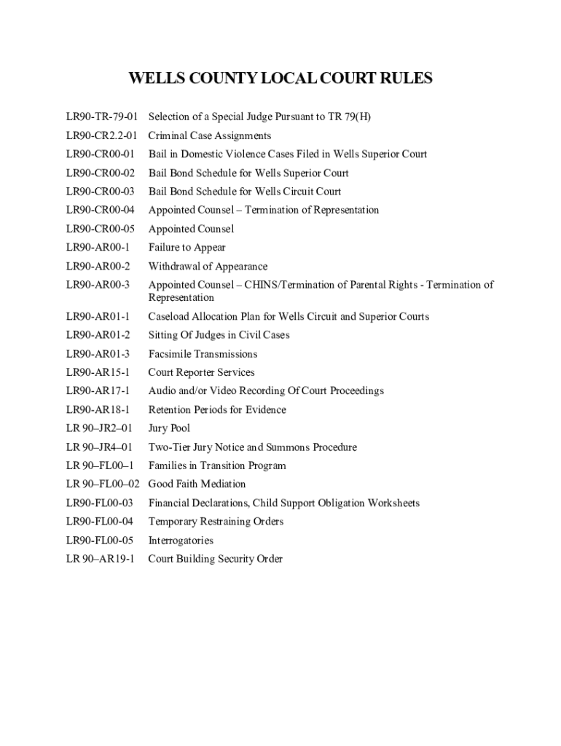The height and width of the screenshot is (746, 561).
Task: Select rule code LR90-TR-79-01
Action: (x=101, y=117)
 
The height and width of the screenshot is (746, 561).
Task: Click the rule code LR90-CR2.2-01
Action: (x=101, y=136)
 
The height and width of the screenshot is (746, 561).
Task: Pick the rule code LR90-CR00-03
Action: (x=101, y=192)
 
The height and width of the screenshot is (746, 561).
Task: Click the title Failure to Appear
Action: (x=187, y=248)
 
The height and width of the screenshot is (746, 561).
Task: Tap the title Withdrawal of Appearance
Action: (x=208, y=267)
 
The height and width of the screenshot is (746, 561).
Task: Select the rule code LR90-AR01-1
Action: (x=98, y=317)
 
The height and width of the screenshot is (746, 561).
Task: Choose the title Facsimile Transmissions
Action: (x=203, y=354)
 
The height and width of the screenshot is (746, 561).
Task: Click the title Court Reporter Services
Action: (x=202, y=372)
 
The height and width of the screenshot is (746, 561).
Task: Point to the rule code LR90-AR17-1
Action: (x=98, y=391)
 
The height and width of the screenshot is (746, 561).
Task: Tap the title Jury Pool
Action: (x=170, y=428)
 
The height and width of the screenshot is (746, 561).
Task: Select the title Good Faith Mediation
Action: (x=197, y=484)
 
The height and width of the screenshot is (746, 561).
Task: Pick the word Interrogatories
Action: (x=181, y=541)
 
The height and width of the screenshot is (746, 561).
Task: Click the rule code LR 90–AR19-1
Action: (x=101, y=559)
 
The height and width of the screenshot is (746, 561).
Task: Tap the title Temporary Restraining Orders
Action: (x=216, y=522)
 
